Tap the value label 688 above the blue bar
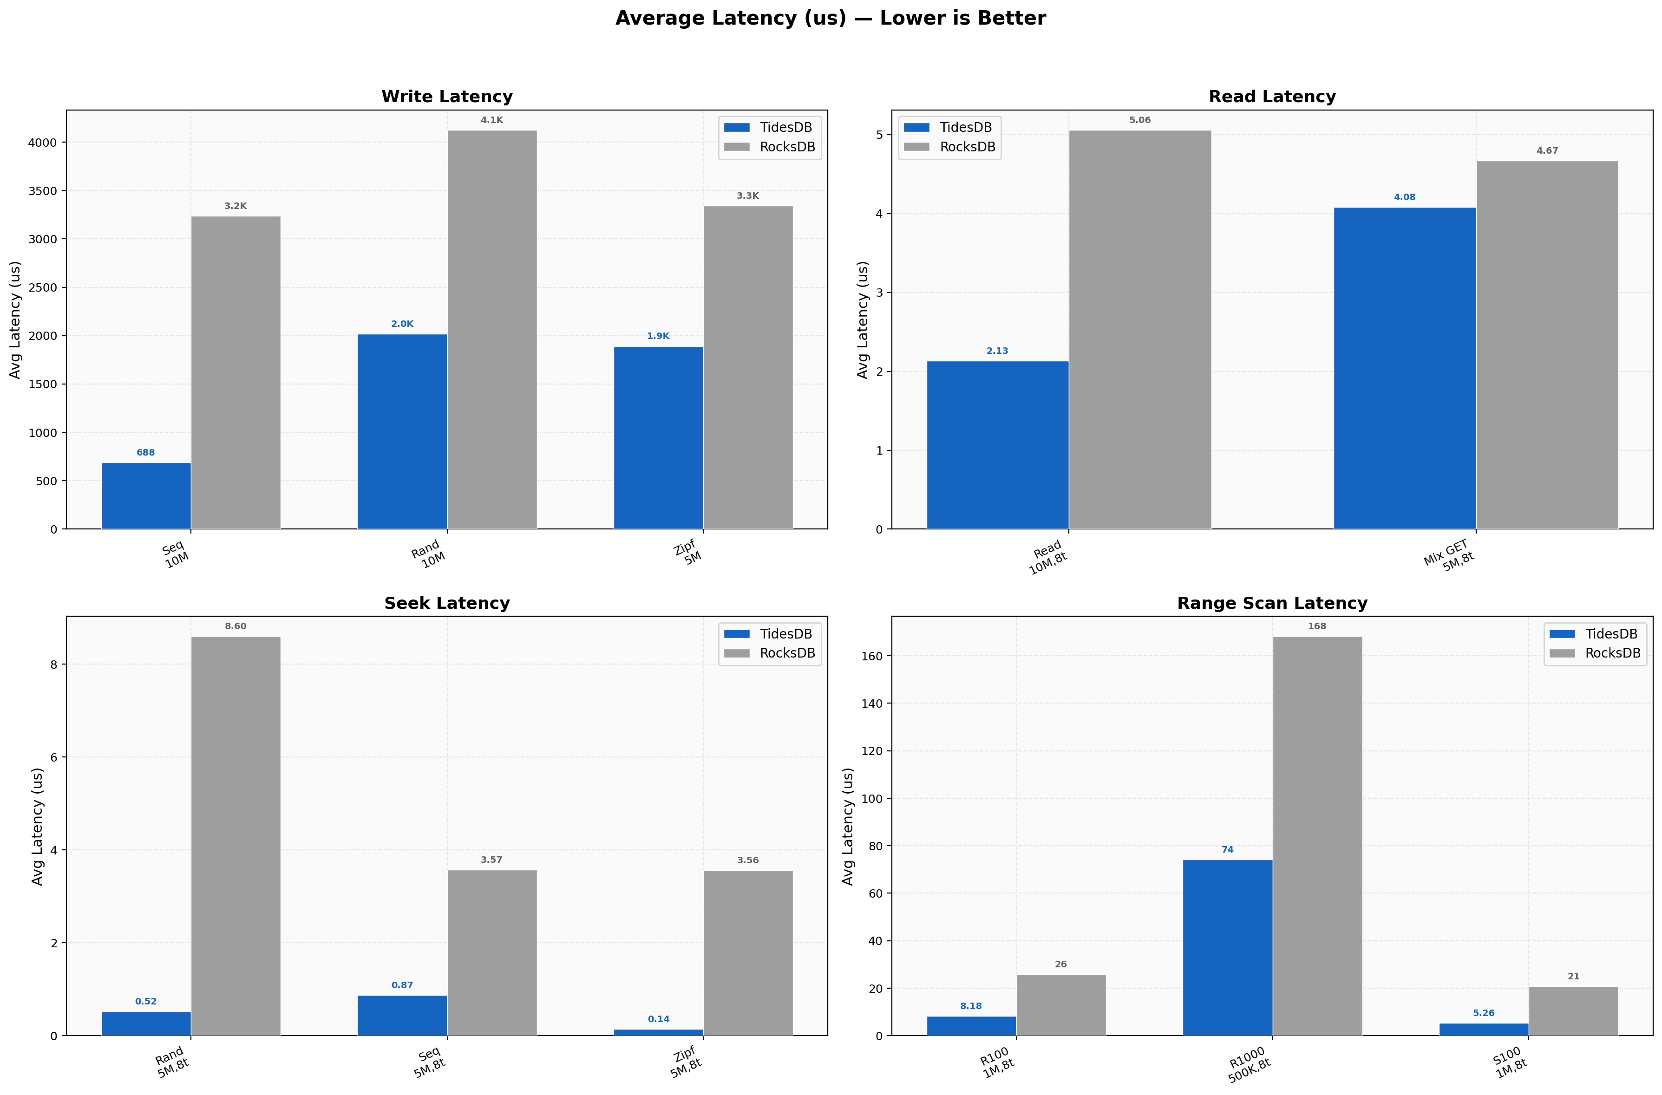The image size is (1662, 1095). [145, 452]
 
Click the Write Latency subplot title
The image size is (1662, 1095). [447, 97]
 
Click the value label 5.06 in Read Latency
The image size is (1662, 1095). [1139, 120]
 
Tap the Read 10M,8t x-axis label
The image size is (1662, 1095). [1047, 557]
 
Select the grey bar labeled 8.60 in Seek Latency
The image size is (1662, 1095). [236, 835]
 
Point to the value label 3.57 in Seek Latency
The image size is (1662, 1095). [491, 860]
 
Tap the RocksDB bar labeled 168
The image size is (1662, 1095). [1317, 835]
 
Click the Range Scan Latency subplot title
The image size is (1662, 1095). [1272, 603]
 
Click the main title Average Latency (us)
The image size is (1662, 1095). [830, 18]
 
